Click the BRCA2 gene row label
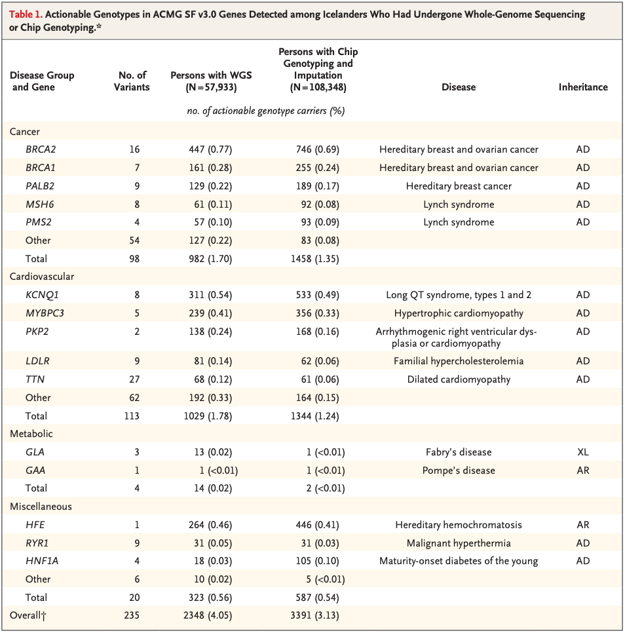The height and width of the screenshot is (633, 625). [40, 149]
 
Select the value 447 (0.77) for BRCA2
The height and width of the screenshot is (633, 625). [210, 149]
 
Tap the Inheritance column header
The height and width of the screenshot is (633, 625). [582, 87]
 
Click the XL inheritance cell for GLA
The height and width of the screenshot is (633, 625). [582, 452]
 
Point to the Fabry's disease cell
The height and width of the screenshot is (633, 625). [458, 452]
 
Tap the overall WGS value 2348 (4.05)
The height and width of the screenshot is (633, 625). [210, 615]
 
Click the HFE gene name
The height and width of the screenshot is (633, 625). [35, 525]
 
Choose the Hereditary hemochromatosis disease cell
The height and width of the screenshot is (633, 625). [458, 525]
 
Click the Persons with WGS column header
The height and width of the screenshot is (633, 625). [210, 81]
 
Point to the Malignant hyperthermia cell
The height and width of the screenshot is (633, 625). [458, 543]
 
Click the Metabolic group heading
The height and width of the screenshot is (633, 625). [31, 434]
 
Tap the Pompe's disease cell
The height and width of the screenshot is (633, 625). [458, 470]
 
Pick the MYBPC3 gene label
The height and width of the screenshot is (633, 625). [45, 313]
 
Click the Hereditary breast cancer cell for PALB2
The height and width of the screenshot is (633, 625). [458, 186]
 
